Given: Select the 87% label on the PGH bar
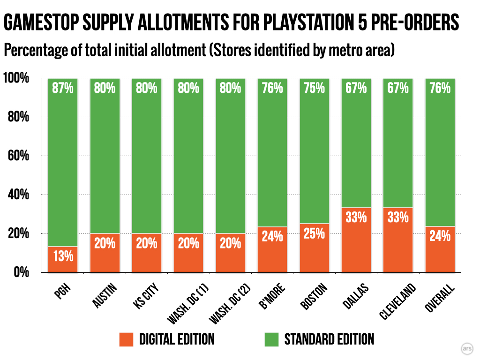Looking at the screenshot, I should [x=63, y=88].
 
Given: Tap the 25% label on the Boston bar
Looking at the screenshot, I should [x=315, y=233].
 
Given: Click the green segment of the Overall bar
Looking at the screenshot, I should [x=440, y=155].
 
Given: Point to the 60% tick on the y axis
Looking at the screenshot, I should [x=19, y=156].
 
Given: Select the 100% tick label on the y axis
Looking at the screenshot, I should [x=16, y=78].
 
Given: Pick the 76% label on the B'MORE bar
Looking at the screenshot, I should [x=272, y=88].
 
